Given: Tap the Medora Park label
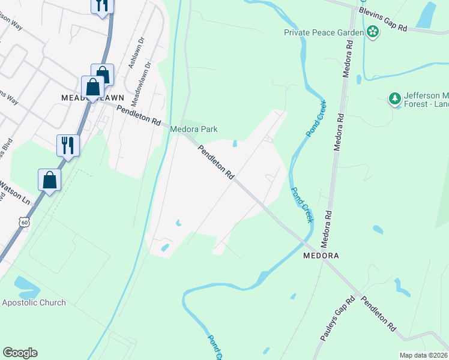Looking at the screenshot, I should pyautogui.click(x=193, y=129).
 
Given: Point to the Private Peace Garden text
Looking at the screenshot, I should pyautogui.click(x=324, y=32).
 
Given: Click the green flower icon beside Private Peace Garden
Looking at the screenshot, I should pyautogui.click(x=373, y=32).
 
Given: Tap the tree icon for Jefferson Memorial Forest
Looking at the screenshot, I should pyautogui.click(x=395, y=98).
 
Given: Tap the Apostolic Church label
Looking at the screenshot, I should pyautogui.click(x=34, y=302).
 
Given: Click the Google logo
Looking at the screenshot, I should pyautogui.click(x=20, y=353).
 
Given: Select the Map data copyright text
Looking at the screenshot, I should pyautogui.click(x=424, y=355).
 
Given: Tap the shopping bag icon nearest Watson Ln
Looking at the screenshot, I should pyautogui.click(x=49, y=181).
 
